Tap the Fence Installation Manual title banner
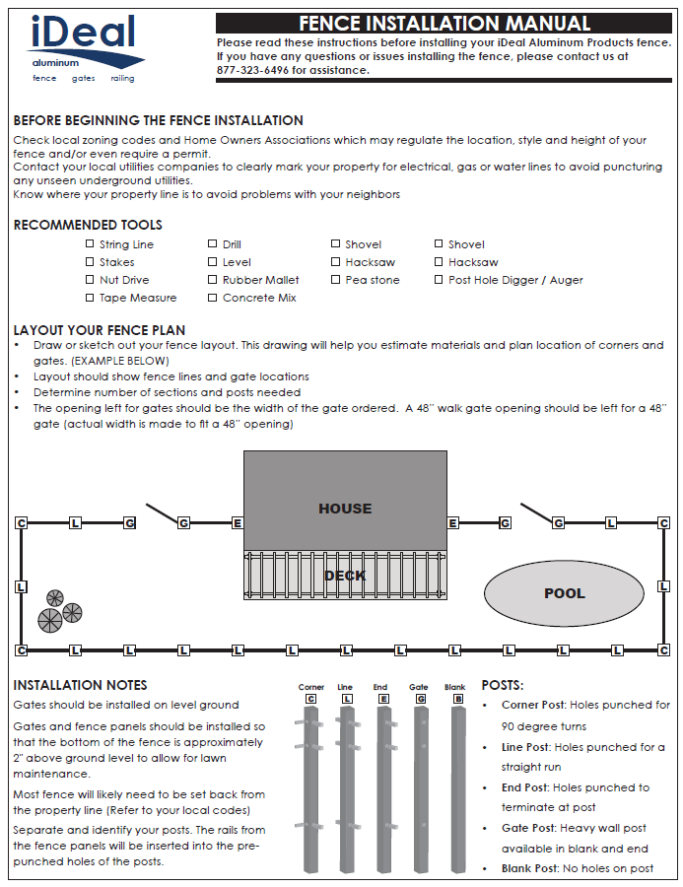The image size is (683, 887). coord(444,24)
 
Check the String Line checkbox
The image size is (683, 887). coord(90,243)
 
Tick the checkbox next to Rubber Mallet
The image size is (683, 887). coord(213,280)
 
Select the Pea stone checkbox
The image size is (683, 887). coord(336,280)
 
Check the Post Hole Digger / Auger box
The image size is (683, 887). coord(439,280)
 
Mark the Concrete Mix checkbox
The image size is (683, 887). coord(213,298)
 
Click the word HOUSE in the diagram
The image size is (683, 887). coord(345,509)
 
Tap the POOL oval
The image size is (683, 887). coord(564,593)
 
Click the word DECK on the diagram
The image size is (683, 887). coord(345,576)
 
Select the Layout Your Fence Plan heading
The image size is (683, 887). coord(99,330)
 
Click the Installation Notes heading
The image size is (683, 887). coord(80,685)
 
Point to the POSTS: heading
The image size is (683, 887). coord(502,685)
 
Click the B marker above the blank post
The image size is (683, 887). coord(457,699)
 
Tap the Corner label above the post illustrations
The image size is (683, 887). coord(311,687)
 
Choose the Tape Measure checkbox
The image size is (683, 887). coord(90,298)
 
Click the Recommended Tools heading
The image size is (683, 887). coord(88,226)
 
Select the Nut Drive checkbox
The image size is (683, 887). coord(90,280)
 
